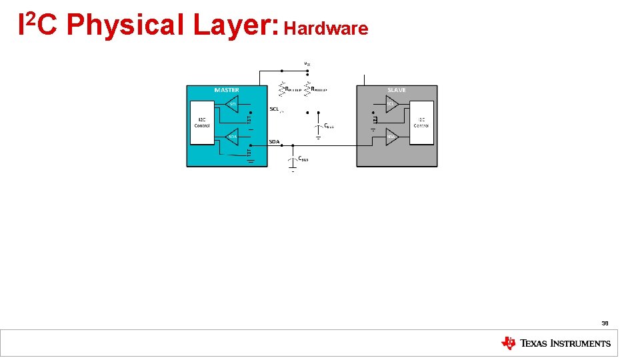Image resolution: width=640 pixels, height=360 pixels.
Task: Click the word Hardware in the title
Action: [x=326, y=28]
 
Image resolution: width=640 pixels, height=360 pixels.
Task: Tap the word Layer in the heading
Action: [x=231, y=25]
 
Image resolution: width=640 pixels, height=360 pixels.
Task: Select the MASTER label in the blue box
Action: [x=227, y=90]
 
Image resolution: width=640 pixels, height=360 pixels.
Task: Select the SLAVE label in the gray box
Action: [x=397, y=90]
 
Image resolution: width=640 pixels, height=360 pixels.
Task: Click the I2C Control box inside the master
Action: [x=202, y=123]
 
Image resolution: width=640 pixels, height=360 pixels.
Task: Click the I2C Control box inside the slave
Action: [x=421, y=123]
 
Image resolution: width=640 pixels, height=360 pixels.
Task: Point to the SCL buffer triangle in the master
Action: [x=231, y=103]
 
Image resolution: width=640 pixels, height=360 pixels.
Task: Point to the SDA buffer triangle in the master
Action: [x=231, y=137]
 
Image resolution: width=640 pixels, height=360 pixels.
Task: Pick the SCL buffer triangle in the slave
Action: [x=392, y=103]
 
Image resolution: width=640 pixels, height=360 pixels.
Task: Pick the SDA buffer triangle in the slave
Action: [x=392, y=137]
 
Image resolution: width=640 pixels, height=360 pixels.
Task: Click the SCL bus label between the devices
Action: [x=274, y=109]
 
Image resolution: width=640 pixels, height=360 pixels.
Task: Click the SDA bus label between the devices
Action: [x=274, y=142]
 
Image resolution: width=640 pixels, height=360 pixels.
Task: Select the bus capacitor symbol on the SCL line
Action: [x=318, y=127]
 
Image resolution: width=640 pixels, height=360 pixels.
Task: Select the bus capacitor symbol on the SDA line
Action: [x=292, y=161]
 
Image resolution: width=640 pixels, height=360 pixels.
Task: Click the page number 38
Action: [x=605, y=323]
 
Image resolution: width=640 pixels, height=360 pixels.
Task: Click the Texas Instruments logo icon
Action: [x=509, y=343]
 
